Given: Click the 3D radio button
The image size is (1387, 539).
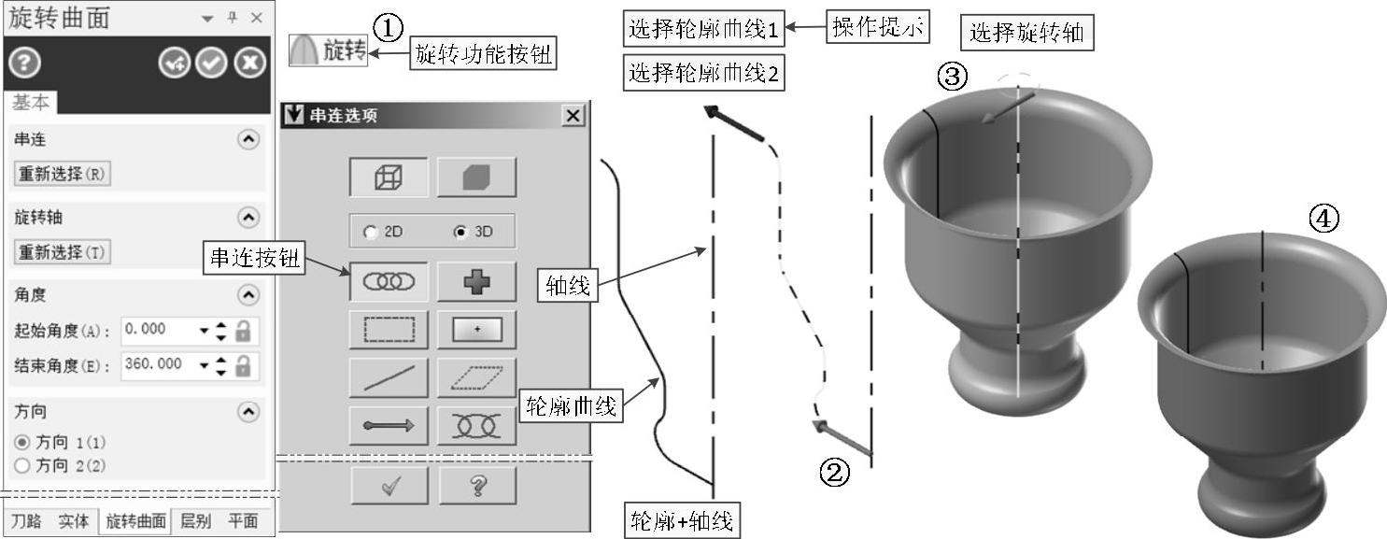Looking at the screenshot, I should [460, 233].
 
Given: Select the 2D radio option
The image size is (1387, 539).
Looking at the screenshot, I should [371, 233].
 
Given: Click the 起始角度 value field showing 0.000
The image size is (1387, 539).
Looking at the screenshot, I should [158, 330].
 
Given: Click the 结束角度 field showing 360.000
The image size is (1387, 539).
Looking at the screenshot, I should [158, 364].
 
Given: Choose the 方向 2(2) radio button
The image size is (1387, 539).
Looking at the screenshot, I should [23, 465].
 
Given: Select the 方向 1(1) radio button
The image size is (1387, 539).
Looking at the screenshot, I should [23, 442].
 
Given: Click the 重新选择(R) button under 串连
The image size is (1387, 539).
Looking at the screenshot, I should [63, 174].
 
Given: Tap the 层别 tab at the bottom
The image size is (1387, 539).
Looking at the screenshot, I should [195, 521].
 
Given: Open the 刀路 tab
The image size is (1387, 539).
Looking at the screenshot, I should [27, 521].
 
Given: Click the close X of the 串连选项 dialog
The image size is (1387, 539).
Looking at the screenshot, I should [573, 116].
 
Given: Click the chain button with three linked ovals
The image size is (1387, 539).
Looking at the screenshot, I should [389, 281].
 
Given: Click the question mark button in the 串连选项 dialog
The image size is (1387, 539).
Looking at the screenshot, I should [477, 485].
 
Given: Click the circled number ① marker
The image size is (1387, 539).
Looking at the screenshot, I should [388, 28].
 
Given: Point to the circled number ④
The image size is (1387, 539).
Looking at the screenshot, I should [1323, 220].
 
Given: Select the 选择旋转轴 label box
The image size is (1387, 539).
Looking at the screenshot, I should [1026, 34].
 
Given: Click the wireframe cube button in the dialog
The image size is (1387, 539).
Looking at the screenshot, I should [389, 177].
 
